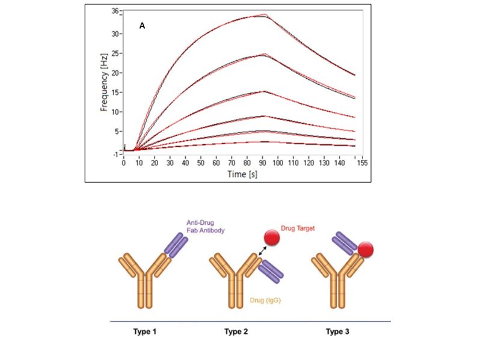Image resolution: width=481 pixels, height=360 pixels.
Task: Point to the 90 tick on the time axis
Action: coord(263,163)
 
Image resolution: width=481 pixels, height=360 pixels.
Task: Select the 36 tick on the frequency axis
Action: coord(114,11)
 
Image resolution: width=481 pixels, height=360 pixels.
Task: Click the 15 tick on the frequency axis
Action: coord(114,92)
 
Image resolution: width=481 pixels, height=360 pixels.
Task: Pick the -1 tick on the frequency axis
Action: coord(114,154)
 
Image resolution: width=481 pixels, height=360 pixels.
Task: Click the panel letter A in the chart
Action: coord(142,26)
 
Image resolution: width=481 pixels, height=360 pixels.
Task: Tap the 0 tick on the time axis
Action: coord(124,163)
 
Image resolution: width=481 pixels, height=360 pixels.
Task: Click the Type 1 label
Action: coord(144,331)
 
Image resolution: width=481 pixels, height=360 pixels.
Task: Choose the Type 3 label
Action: coord(339,331)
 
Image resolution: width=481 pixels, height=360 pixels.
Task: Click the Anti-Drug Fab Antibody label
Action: coord(203,228)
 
